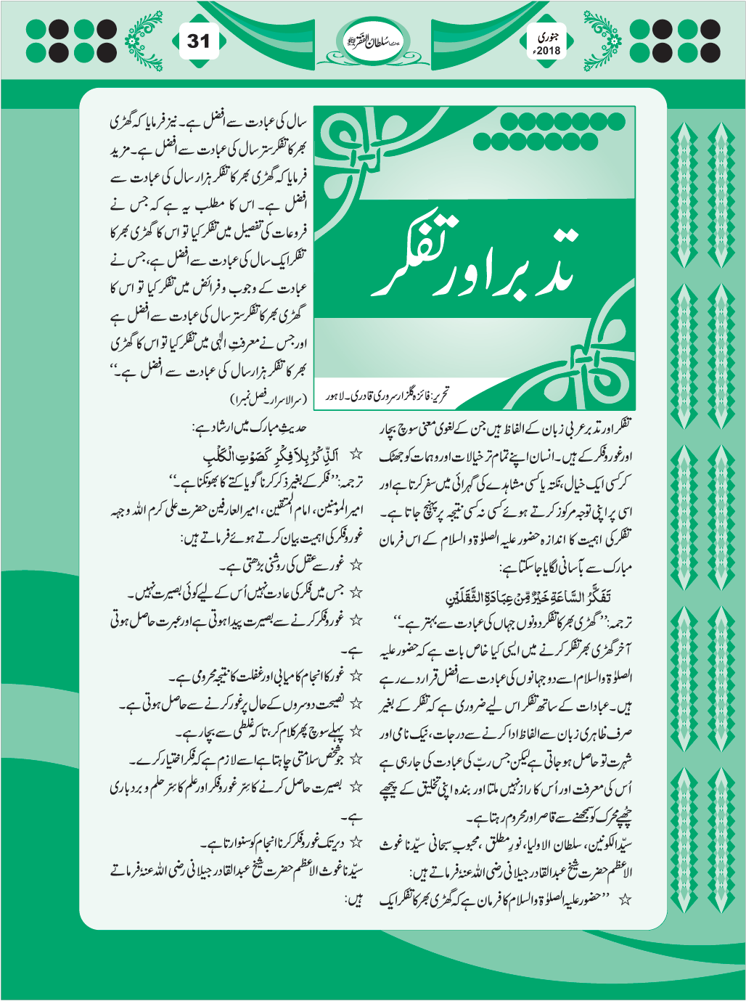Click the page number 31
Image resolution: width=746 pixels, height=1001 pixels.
click(198, 41)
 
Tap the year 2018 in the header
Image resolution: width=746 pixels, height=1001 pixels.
click(545, 52)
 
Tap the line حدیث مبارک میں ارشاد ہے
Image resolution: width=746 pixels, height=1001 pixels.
click(251, 428)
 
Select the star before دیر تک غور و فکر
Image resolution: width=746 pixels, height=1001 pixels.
click(356, 842)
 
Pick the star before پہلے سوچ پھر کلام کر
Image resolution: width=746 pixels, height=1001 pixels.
click(356, 730)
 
